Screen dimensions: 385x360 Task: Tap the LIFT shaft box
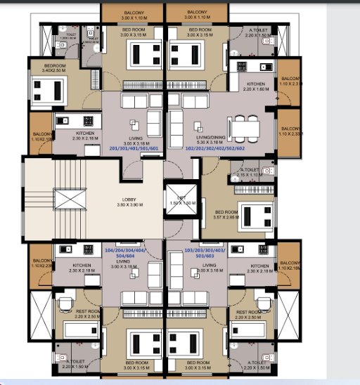click(x=179, y=199)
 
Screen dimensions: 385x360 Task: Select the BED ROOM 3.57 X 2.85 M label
click(x=226, y=214)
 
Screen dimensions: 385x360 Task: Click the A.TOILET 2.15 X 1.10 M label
click(x=250, y=172)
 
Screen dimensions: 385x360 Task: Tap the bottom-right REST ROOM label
click(x=250, y=314)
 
